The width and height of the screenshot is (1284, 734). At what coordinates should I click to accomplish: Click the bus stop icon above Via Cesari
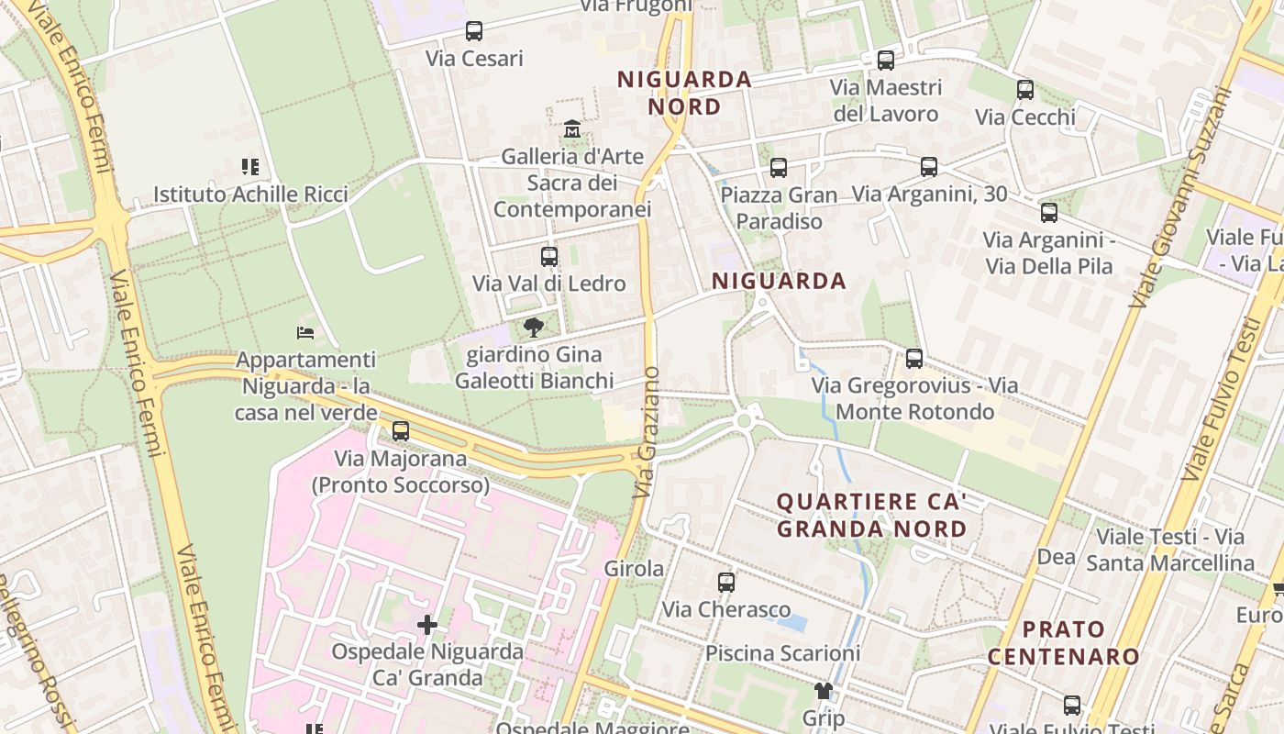(473, 31)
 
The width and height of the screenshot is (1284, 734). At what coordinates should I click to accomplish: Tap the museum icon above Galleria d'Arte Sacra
(572, 128)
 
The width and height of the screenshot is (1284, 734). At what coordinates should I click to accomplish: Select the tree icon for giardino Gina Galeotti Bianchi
(533, 328)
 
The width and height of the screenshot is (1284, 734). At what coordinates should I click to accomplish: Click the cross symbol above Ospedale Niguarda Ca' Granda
(427, 625)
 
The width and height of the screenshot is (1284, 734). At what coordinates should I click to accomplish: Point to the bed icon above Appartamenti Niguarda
(305, 332)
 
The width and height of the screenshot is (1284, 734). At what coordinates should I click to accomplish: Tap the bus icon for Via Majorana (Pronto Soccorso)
(401, 431)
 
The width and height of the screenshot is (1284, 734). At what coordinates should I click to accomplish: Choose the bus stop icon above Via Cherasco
(725, 583)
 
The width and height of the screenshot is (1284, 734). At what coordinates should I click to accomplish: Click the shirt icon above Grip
(823, 691)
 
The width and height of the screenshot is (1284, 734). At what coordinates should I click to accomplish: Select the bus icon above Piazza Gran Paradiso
(779, 168)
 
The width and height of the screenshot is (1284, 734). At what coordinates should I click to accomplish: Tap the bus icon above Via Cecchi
(1024, 90)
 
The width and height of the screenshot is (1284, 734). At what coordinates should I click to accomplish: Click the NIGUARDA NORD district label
(684, 93)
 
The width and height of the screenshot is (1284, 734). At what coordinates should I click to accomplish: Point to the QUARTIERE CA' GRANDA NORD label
(871, 515)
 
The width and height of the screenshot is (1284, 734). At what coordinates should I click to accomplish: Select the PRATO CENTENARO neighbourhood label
(1064, 642)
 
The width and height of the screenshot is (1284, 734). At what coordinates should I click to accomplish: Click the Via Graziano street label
(648, 432)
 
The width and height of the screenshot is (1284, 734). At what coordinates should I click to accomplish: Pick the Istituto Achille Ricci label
(250, 195)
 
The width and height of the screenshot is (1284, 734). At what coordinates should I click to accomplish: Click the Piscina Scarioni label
(782, 653)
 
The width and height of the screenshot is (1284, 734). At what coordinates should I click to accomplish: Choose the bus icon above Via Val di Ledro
(549, 257)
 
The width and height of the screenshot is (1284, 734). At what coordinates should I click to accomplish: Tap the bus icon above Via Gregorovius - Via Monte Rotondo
(914, 359)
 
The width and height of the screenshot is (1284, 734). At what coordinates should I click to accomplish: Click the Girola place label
(634, 569)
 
